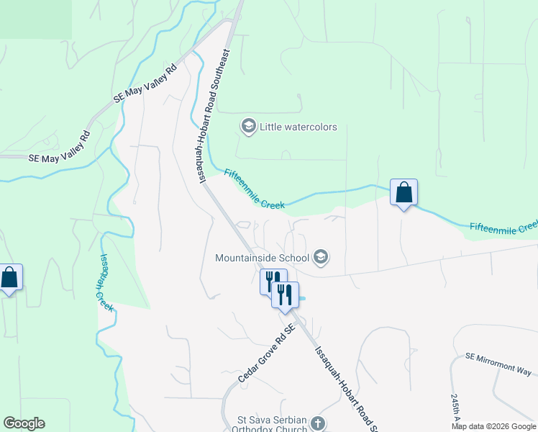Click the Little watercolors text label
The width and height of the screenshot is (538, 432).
click(x=298, y=127)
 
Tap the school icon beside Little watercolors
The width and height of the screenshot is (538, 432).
click(x=248, y=127)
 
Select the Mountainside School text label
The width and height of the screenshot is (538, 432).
click(x=262, y=257)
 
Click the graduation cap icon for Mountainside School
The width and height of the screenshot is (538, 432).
click(x=321, y=257)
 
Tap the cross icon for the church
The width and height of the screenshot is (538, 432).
click(x=319, y=424)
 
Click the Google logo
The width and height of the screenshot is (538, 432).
click(x=24, y=423)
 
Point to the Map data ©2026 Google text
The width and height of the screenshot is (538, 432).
click(x=493, y=426)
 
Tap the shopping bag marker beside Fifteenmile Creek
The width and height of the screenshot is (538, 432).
click(x=403, y=192)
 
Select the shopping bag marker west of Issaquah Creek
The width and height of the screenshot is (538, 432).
click(x=9, y=278)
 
